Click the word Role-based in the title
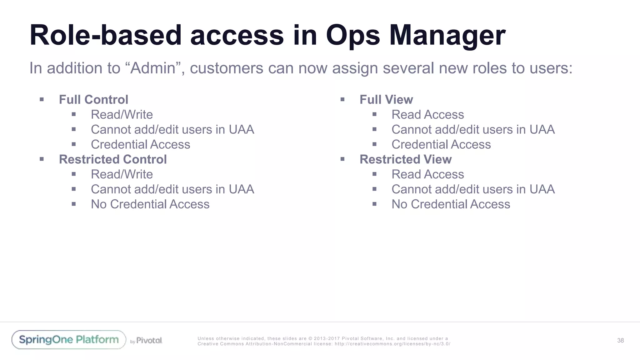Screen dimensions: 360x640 click(106, 36)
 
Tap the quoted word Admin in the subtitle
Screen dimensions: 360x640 click(153, 68)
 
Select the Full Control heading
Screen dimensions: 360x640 click(93, 100)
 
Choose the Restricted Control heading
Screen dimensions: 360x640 click(113, 159)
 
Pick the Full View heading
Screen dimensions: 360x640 click(386, 100)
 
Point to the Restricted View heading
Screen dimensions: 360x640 click(406, 159)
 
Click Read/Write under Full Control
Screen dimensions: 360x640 click(122, 115)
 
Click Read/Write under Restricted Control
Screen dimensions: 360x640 click(122, 174)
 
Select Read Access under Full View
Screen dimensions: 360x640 click(427, 115)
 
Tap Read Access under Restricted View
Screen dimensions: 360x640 click(427, 174)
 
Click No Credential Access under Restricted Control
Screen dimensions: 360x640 click(150, 204)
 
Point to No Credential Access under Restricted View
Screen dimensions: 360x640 click(451, 204)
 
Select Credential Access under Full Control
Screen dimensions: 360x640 click(140, 145)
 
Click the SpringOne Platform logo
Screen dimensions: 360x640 click(69, 340)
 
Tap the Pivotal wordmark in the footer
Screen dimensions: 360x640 click(149, 341)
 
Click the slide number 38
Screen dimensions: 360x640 click(620, 341)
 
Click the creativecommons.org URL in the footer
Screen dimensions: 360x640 click(392, 344)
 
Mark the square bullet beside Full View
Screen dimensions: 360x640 click(342, 100)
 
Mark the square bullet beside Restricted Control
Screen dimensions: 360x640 click(42, 159)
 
